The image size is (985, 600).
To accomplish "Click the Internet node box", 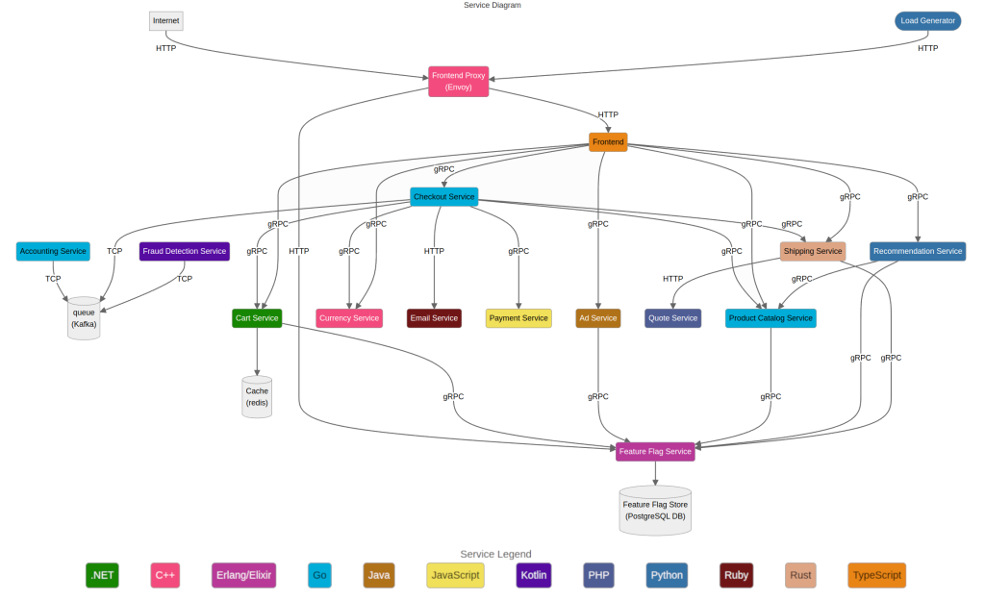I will tap(165, 20).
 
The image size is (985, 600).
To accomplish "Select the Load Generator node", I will tap(927, 20).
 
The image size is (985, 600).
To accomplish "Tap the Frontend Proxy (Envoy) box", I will tap(458, 81).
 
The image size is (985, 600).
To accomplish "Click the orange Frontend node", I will tap(608, 142).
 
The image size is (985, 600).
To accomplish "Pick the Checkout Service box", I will tap(444, 196).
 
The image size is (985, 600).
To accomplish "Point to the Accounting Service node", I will tap(53, 251).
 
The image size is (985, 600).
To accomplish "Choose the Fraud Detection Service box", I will tap(185, 251).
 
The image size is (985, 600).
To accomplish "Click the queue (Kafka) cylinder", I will tap(84, 318).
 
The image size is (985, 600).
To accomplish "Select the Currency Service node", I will tap(349, 318).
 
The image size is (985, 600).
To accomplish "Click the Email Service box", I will tap(434, 318).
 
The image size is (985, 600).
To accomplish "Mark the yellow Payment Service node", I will tap(518, 318).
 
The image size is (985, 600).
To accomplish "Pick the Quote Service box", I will tap(672, 318).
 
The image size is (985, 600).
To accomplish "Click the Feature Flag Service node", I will tap(655, 451).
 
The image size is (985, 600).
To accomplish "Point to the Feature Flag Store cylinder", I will tap(655, 511).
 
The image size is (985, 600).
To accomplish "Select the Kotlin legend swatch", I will tap(534, 575).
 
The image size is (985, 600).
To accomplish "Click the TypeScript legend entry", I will tap(876, 575).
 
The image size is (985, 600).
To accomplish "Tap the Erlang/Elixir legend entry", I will tap(242, 575).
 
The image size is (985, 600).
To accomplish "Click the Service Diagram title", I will tap(492, 5).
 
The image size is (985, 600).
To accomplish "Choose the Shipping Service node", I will tap(813, 251).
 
